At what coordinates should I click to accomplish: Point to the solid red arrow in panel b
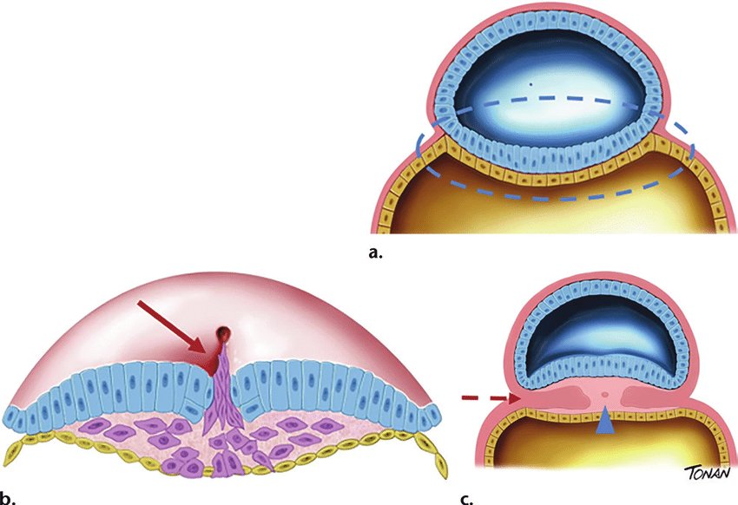[172, 327]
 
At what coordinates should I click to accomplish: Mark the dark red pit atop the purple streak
[225, 333]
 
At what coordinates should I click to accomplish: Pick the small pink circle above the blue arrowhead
[603, 397]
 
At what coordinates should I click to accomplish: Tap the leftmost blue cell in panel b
[16, 416]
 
